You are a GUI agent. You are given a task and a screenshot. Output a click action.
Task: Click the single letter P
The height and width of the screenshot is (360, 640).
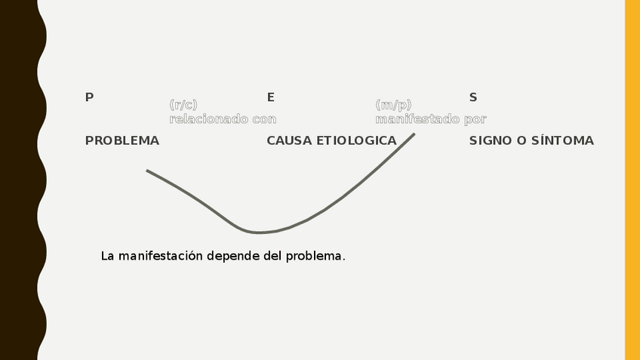coord(89,97)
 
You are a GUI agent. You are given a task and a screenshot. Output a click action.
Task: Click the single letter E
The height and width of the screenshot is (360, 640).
coord(270,97)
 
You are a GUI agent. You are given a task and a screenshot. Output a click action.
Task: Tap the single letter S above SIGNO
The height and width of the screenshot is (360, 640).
coord(473,97)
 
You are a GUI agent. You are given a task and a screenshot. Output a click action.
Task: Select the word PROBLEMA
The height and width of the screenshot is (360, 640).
coord(122,140)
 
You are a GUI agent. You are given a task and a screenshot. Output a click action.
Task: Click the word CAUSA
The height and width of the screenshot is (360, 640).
coord(289,140)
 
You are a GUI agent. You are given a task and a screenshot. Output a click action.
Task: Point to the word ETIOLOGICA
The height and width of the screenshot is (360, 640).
coord(356,140)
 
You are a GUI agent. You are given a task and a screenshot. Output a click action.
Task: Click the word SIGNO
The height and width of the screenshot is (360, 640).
coord(490,140)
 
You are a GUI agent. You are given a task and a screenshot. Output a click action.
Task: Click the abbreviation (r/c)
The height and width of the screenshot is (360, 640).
coord(183,105)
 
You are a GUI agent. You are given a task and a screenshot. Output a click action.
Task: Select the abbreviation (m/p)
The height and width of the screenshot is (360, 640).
coord(393,105)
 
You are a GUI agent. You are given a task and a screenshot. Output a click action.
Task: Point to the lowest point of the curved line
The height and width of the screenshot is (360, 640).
coord(257,232)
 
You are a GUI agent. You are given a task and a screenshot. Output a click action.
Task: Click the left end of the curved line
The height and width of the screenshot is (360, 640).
coord(148,171)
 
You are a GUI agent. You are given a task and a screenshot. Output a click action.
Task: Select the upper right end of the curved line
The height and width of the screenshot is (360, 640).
coord(414,135)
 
